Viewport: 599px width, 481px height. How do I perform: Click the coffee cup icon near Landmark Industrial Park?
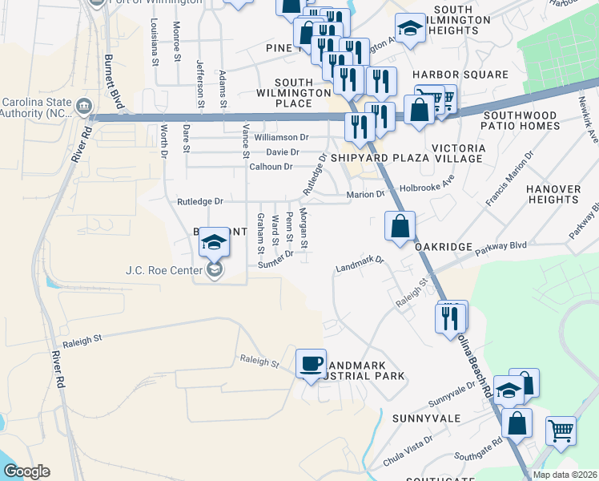[311, 363]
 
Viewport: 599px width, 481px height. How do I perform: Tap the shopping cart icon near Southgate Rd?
[561, 430]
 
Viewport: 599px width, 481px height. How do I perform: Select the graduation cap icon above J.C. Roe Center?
[214, 242]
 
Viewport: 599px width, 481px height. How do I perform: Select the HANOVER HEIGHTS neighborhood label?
[553, 194]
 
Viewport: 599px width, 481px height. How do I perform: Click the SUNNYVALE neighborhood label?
[427, 418]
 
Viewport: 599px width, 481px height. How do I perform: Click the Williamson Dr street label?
[281, 138]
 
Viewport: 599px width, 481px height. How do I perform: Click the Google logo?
[26, 471]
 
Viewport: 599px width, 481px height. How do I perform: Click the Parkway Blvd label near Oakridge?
[503, 245]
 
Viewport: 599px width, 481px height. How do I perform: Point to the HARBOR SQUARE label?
[460, 75]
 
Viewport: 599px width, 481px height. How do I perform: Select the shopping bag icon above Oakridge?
[400, 226]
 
